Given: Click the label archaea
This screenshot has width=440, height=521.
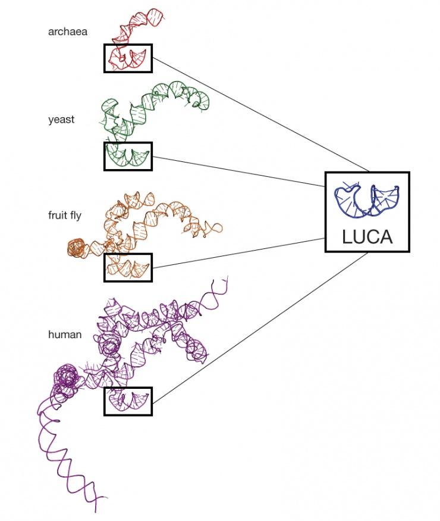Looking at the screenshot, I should point(67,32).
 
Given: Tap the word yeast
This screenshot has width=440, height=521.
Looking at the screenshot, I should point(61,120).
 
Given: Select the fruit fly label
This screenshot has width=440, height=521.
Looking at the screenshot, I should point(65,216).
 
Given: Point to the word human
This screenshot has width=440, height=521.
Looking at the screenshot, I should point(65,335).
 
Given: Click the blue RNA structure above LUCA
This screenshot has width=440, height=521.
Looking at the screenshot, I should point(366,200).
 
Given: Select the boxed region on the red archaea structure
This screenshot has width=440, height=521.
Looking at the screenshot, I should point(128,58).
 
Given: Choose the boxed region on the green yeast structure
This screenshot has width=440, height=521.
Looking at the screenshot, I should point(128,156).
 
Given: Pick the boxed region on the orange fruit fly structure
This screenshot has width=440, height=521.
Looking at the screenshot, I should point(128,267).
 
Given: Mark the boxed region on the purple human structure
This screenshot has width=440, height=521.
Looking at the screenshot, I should point(128,401).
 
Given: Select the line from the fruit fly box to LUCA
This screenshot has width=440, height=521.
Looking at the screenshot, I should point(238,252).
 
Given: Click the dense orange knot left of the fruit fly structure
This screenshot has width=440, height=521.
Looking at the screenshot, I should point(76,248).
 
